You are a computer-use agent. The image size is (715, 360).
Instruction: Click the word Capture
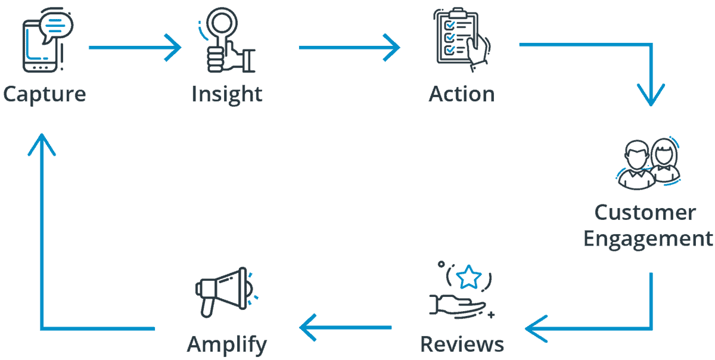(x=45, y=94)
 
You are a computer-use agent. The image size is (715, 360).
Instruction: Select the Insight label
(x=227, y=94)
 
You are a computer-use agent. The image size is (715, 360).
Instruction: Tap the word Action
(x=462, y=94)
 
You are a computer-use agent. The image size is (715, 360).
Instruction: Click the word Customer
(x=645, y=212)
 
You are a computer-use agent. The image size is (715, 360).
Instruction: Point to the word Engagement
(x=648, y=238)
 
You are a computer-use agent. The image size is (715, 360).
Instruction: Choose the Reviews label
(x=462, y=344)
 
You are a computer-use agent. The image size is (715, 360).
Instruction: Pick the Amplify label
(x=227, y=345)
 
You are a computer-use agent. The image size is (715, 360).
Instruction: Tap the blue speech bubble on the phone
(x=57, y=26)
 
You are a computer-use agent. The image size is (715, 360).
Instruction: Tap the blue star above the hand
(x=469, y=277)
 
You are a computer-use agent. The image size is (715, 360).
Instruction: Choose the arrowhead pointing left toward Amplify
(x=307, y=327)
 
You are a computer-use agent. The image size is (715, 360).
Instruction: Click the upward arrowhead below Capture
(x=42, y=143)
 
